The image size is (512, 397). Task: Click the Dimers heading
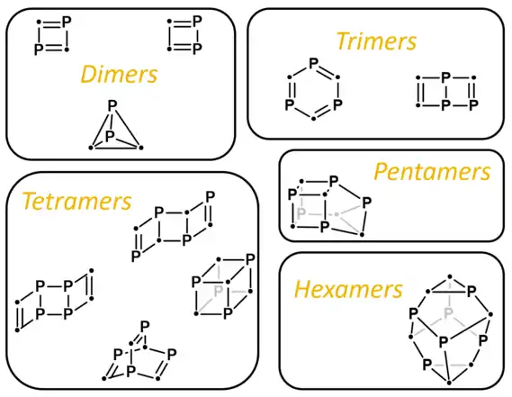pos(119,74)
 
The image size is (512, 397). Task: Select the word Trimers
pos(376,41)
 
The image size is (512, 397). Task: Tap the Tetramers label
pos(76,201)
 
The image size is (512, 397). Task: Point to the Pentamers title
pos(432,172)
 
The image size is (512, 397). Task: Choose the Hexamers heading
pos(348,290)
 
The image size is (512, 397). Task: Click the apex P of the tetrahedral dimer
pos(112,106)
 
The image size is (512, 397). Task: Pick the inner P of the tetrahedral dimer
pos(110,135)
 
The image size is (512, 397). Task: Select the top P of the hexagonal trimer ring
pos(313,62)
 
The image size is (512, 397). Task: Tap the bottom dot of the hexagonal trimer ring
pos(313,118)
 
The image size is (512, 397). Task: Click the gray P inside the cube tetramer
pos(219,291)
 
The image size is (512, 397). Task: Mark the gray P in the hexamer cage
pos(449,313)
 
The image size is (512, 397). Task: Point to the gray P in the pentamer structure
pos(301,213)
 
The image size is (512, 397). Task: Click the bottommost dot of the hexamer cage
pos(449,383)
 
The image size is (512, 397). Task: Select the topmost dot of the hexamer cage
pos(450,276)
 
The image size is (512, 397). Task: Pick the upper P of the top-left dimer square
pos(67,22)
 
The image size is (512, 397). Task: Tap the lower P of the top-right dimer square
pos(197,49)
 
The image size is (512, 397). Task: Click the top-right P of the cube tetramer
pos(250,260)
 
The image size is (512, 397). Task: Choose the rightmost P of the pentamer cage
pos(366,203)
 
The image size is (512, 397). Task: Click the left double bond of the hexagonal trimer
pos(291,90)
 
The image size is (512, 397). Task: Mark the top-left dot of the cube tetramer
pos(219,260)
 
